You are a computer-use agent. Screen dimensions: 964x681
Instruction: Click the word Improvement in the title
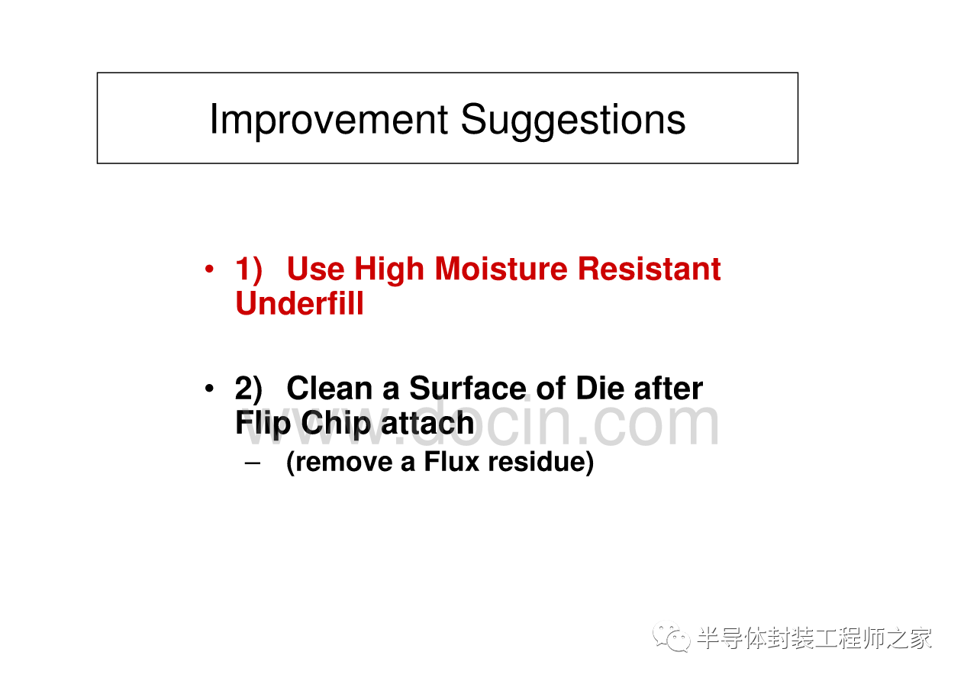tap(329, 120)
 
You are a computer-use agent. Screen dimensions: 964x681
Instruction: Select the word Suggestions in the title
tap(572, 120)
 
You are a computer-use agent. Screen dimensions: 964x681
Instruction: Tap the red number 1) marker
tap(249, 269)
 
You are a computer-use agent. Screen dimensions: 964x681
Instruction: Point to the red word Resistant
tap(650, 269)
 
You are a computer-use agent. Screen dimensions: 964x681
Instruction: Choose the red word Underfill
tap(299, 303)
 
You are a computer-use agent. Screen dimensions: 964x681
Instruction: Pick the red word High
tap(389, 269)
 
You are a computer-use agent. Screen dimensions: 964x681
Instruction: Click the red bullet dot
tap(209, 269)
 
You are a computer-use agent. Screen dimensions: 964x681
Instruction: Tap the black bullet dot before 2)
tap(209, 389)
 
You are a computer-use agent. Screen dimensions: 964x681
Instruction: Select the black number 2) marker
tap(249, 389)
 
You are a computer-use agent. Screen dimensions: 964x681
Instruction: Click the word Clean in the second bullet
tap(330, 389)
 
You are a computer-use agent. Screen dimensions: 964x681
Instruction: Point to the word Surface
tap(468, 389)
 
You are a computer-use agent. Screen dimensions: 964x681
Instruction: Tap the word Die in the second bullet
tap(599, 389)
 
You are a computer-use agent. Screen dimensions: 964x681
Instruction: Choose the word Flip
tap(263, 424)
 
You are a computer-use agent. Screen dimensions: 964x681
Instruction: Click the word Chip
tap(336, 424)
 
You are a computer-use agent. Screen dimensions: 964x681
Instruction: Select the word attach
tap(427, 423)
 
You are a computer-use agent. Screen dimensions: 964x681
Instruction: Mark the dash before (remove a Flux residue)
tap(253, 463)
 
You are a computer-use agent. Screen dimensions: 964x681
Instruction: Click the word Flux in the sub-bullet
tap(451, 461)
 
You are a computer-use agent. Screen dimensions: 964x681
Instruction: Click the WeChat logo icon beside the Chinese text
tap(672, 637)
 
